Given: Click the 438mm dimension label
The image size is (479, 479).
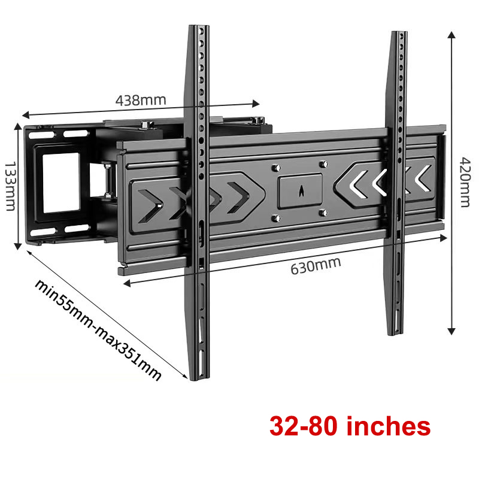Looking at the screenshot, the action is point(141,100).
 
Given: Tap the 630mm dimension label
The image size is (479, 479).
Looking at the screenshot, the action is point(316,266).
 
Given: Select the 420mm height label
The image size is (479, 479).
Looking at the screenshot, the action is point(465,183).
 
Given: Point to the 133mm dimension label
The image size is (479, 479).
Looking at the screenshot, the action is point(10,186).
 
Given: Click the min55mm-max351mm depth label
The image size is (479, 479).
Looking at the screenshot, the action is point(98,330).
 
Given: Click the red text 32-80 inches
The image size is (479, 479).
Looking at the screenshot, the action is point(350,426).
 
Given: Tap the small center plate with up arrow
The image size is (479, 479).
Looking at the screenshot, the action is point(300,190).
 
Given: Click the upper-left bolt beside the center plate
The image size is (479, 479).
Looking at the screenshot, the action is point(276,168).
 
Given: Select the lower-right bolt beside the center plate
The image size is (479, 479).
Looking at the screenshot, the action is point(323,213).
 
